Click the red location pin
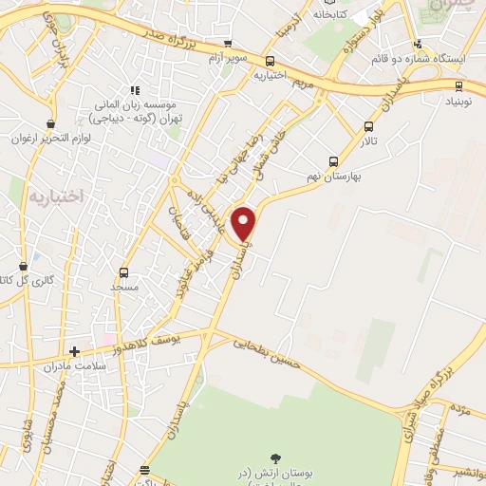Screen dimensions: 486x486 (245, 224)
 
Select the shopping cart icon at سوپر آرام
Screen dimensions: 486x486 (227, 43)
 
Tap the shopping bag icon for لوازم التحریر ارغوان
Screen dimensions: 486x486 (50, 124)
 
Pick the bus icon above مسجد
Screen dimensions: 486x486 (123, 272)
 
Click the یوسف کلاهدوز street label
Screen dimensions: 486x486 (160, 338)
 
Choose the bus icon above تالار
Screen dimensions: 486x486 (368, 126)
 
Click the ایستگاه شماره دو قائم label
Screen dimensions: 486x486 (434, 58)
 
